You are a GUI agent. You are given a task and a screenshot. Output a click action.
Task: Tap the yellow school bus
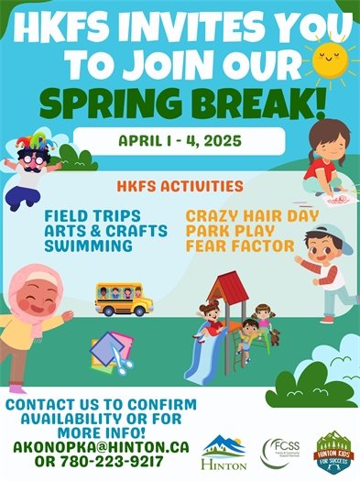(124, 298)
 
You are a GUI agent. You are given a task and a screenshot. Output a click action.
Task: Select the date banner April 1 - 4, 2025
(179, 141)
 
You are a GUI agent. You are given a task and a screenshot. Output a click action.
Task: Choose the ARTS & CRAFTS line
(105, 231)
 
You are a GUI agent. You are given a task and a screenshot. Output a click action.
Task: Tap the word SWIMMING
(88, 246)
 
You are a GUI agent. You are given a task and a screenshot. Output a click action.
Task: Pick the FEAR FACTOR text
(239, 246)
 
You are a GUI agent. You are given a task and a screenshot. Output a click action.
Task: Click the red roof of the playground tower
(227, 290)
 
